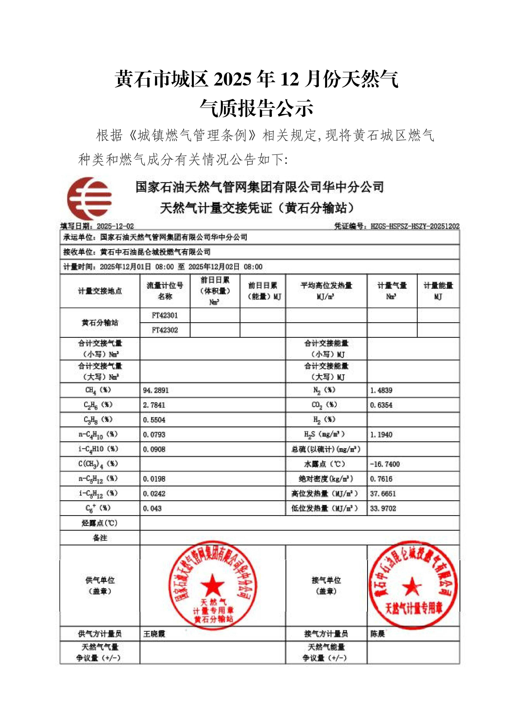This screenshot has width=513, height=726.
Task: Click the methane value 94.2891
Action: [x=156, y=390]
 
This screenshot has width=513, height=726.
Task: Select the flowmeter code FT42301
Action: [x=165, y=315]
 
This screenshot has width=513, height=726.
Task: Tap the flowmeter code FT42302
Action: [x=165, y=330]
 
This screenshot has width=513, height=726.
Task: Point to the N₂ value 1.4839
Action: [x=381, y=390]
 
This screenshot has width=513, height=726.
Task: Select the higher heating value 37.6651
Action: [x=383, y=494]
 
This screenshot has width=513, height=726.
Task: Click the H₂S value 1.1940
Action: [x=381, y=435]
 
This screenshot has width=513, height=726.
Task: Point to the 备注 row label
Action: [x=100, y=538]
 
